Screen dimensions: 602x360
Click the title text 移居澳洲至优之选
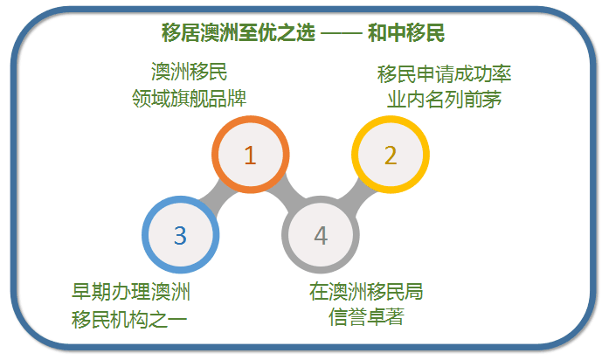point(239,32)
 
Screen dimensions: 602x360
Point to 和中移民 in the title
point(406,32)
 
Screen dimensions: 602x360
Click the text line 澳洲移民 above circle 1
point(190,72)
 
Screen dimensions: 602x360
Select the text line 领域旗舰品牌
point(190,98)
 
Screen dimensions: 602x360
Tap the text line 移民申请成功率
point(444,73)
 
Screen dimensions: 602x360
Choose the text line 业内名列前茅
point(444,100)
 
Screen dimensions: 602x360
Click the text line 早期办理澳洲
point(131,292)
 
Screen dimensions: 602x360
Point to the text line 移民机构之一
point(129,319)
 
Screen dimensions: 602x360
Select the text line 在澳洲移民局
point(366,292)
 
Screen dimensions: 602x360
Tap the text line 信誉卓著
point(366,317)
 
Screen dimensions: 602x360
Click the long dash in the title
point(342,33)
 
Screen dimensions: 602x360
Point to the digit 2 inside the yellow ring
point(391,156)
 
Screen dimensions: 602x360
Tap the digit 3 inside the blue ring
point(181,235)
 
